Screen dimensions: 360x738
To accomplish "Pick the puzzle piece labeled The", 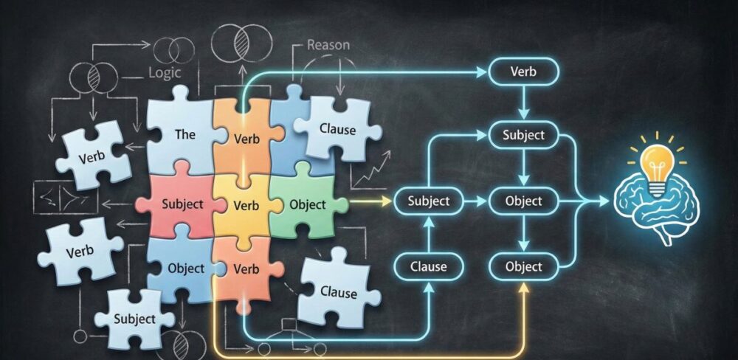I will tap(184, 134).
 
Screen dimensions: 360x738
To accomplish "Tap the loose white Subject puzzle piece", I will tap(134, 318).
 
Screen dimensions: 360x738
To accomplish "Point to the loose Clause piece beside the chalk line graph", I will tap(337, 129).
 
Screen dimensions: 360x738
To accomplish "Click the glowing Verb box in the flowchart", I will tap(523, 72).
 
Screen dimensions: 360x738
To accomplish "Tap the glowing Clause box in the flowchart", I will tap(429, 266).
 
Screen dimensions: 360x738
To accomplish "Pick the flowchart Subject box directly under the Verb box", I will tap(523, 135).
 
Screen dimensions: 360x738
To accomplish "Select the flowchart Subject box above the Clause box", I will tap(429, 201).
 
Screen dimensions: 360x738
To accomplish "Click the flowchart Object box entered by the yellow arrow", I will tap(523, 266).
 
